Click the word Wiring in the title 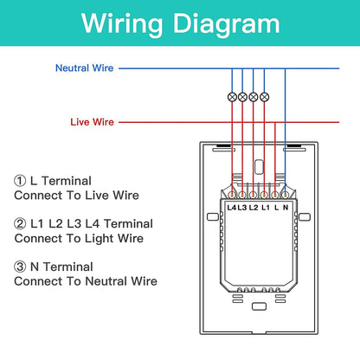tap(122, 24)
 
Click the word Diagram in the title tap(227, 24)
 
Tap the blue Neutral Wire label tap(84, 68)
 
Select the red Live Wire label tap(92, 122)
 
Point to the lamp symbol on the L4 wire tap(232, 97)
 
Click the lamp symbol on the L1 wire tap(264, 97)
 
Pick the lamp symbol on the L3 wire tap(242, 97)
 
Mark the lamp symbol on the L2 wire tap(254, 97)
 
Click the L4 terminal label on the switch tap(232, 208)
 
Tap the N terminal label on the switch tap(286, 208)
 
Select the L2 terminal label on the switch tap(254, 208)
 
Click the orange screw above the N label tap(285, 196)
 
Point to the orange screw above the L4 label tap(232, 196)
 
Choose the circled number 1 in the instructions tap(20, 181)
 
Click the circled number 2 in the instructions tap(20, 224)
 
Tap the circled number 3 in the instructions tap(20, 267)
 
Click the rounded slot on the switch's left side tap(213, 216)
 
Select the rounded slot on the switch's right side tap(305, 216)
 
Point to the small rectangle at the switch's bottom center tap(259, 306)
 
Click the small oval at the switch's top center tap(259, 167)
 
